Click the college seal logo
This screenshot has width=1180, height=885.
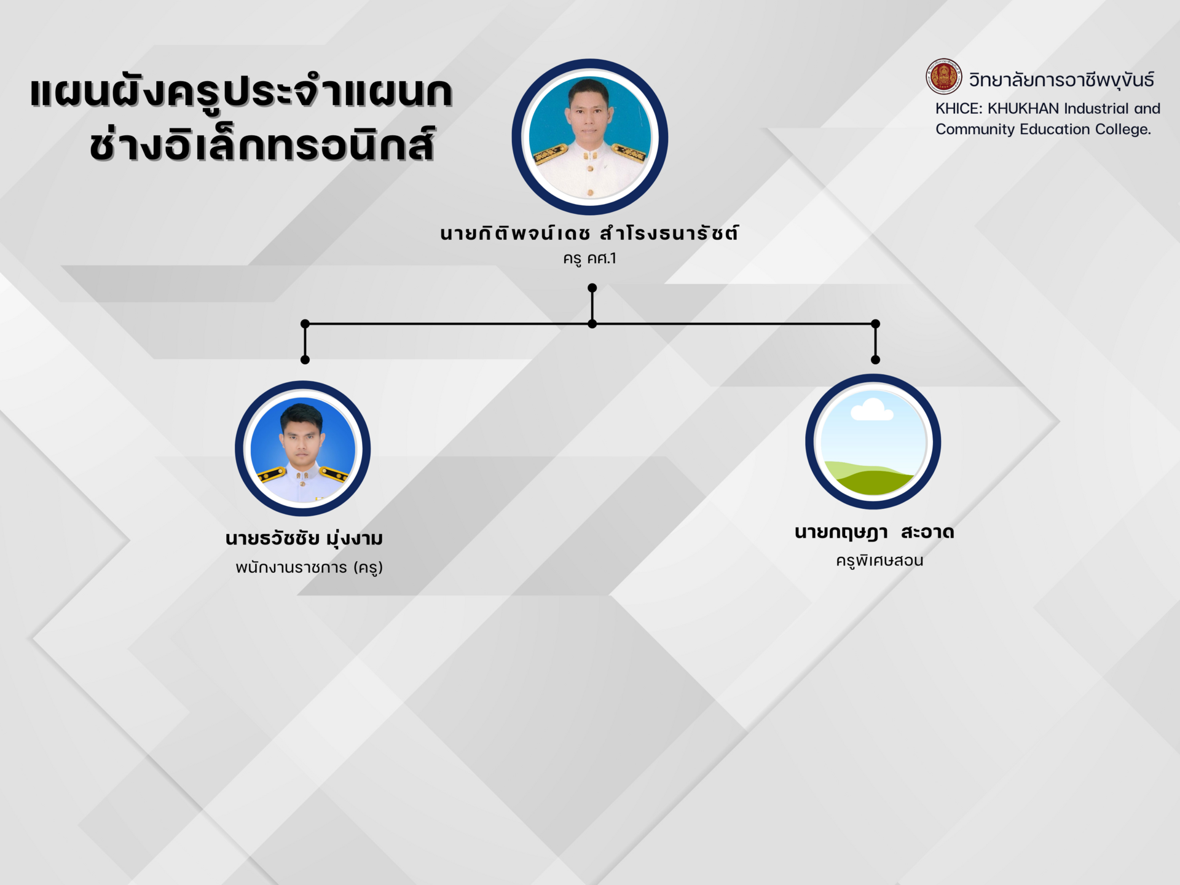(x=944, y=77)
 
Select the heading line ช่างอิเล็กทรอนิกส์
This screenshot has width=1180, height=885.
(x=262, y=145)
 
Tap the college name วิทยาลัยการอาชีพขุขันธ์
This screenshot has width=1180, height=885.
(x=1061, y=80)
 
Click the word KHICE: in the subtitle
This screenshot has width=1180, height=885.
(x=958, y=109)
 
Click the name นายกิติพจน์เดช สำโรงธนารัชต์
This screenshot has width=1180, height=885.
(x=589, y=233)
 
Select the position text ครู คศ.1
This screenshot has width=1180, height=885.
(x=589, y=259)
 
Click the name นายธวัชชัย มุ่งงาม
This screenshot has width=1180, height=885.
(x=304, y=538)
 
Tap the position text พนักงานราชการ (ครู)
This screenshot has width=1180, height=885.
(x=309, y=567)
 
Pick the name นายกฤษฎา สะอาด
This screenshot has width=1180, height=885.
(x=874, y=532)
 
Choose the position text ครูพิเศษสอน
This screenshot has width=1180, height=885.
(x=879, y=560)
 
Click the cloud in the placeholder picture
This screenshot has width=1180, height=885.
(x=871, y=410)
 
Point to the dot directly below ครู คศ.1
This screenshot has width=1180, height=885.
(x=592, y=288)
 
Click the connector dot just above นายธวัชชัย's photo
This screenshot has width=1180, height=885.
(x=305, y=360)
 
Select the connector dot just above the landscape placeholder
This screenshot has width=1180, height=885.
(x=876, y=360)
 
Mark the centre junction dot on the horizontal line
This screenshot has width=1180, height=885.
(x=592, y=323)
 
